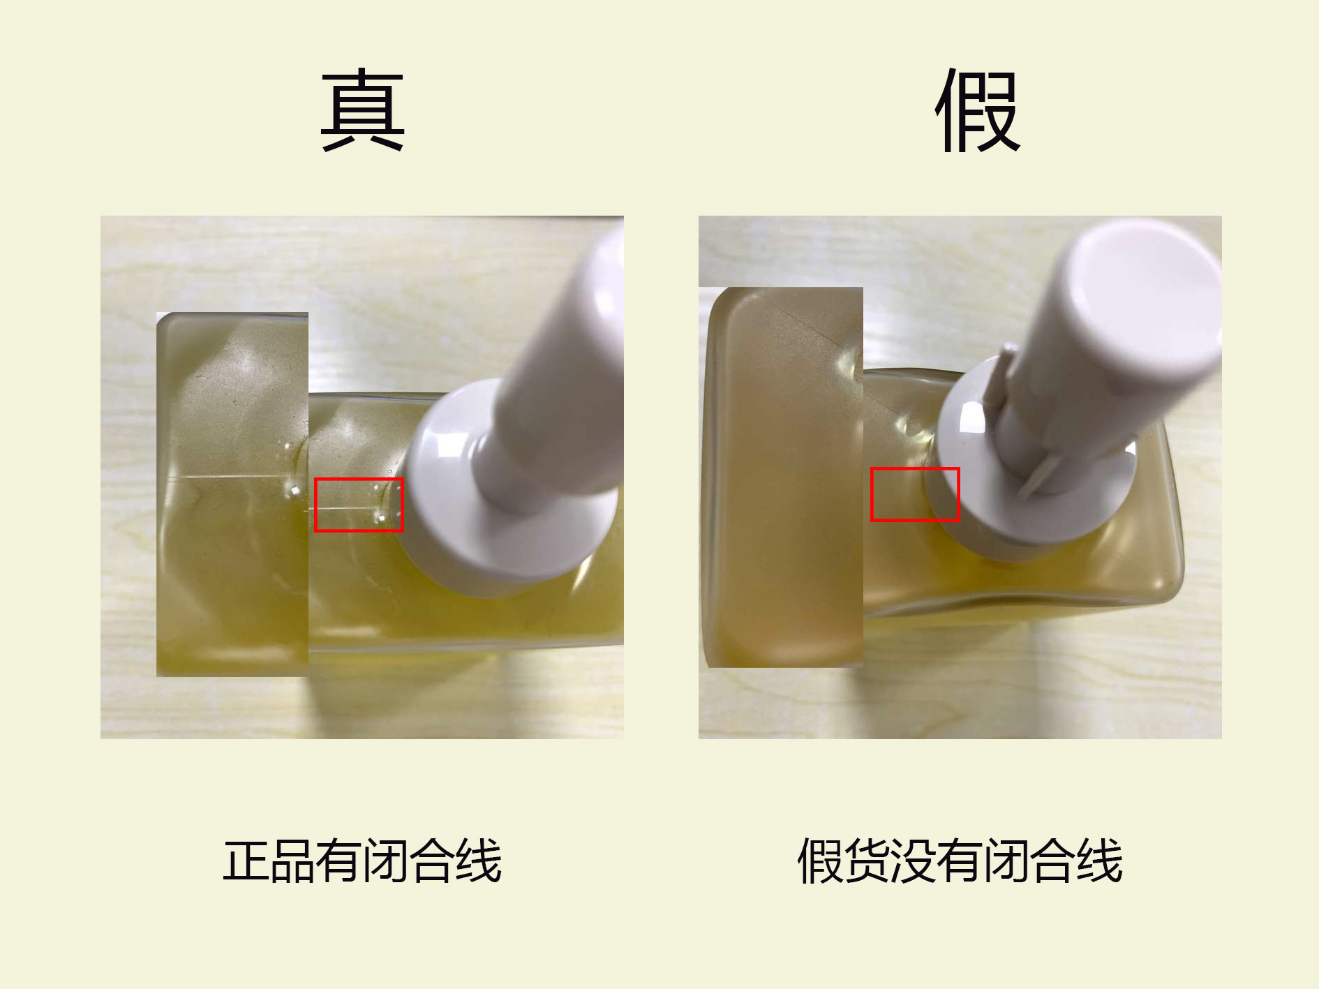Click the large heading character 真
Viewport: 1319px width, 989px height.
[363, 110]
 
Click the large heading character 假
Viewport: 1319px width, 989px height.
[978, 110]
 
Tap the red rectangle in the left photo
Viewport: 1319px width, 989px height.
[359, 479]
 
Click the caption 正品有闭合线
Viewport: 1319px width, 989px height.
[362, 861]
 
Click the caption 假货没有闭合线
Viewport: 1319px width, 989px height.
[960, 861]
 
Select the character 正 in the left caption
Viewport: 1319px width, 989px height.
[246, 861]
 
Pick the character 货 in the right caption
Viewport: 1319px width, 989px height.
[867, 861]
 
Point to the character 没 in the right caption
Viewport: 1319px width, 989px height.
[914, 861]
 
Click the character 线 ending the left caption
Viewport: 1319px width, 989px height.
[479, 861]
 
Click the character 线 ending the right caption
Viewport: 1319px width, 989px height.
[1101, 861]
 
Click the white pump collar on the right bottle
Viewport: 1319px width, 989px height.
[977, 489]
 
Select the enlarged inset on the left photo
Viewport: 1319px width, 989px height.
[232, 494]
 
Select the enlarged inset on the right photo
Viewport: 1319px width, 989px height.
[781, 477]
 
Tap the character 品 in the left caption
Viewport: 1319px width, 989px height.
[292, 861]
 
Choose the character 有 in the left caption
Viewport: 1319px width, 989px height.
[339, 861]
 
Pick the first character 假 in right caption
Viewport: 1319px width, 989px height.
[820, 861]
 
